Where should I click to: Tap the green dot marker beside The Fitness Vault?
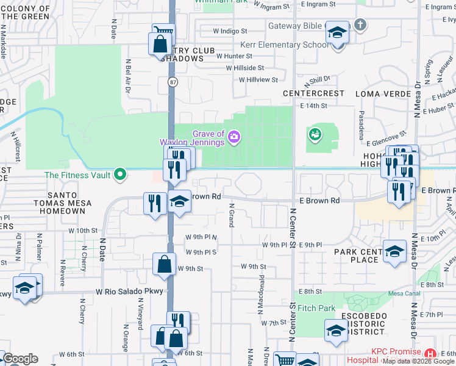click(121, 175)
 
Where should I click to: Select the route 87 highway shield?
click(172, 82)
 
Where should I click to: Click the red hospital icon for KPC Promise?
click(430, 353)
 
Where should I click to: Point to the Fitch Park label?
click(317, 309)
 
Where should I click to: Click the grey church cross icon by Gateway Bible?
click(360, 25)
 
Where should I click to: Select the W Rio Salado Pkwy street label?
click(130, 292)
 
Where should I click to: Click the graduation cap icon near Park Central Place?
click(394, 251)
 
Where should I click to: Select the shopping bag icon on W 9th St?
click(164, 264)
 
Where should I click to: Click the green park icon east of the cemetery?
click(315, 134)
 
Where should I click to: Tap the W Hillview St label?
click(258, 79)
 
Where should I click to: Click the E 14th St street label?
click(313, 106)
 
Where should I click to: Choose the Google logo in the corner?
click(20, 359)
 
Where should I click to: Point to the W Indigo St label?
click(230, 30)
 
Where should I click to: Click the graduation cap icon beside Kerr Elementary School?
click(336, 32)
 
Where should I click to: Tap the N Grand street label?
click(232, 215)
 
